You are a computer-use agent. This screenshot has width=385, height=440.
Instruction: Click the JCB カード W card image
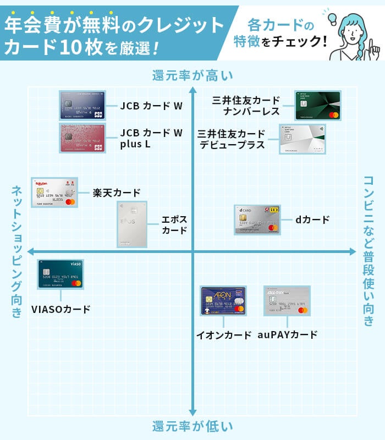[82, 105]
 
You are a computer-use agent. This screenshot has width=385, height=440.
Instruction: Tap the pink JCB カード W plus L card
[82, 137]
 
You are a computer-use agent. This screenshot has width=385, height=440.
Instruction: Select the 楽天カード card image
[54, 193]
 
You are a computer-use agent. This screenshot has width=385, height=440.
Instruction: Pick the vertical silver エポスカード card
[132, 224]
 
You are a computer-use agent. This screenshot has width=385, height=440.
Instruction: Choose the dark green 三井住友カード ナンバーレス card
[317, 106]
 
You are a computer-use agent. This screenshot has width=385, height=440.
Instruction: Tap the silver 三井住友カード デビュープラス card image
[302, 139]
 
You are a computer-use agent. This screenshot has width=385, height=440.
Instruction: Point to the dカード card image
[257, 220]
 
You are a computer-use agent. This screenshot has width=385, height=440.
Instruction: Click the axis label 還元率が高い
[193, 75]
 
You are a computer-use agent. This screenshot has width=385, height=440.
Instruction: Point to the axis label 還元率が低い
[193, 426]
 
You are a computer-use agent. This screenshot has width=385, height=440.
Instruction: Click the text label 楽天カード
[116, 193]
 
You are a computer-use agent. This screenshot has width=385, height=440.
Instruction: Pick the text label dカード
[312, 220]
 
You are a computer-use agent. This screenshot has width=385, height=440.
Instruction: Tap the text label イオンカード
[224, 334]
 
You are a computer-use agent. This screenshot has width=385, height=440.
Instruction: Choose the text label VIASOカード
[61, 309]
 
